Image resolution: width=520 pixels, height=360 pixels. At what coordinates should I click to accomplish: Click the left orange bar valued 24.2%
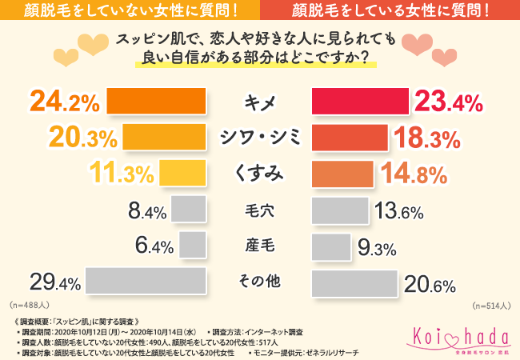[157, 102]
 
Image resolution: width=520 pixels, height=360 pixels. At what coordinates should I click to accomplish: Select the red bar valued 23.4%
[359, 102]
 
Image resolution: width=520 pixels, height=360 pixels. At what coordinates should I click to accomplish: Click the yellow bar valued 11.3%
[183, 174]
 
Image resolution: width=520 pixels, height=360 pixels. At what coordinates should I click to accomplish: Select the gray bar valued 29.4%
[146, 282]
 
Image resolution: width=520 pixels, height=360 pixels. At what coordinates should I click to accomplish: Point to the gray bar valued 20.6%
[354, 282]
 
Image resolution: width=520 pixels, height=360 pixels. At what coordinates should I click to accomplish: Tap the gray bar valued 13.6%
[339, 211]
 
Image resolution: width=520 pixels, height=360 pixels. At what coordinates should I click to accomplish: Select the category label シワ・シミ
[259, 138]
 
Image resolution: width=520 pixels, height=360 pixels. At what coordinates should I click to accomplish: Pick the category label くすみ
[259, 174]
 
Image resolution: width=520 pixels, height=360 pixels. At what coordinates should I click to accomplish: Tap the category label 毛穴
[259, 211]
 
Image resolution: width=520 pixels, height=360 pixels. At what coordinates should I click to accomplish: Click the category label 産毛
[259, 246]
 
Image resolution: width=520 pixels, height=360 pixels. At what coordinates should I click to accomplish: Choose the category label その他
[259, 282]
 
